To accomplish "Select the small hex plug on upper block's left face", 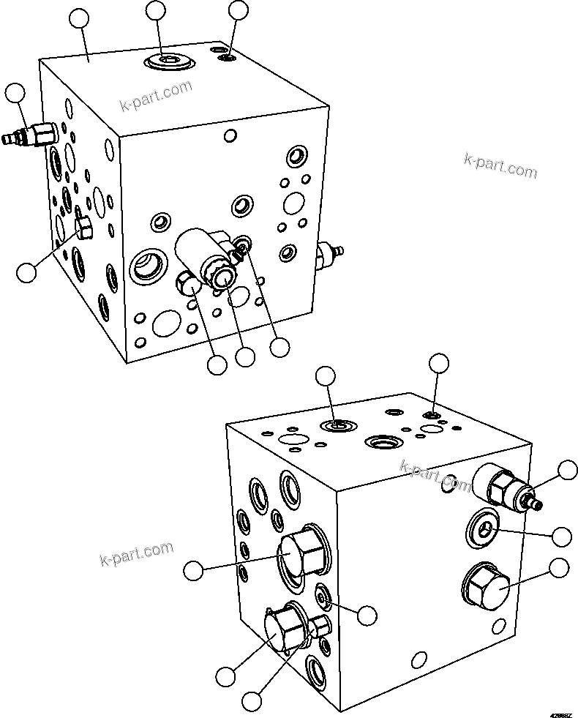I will (x=83, y=229).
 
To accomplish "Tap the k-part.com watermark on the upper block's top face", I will (x=156, y=95).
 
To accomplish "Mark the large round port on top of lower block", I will (x=382, y=441).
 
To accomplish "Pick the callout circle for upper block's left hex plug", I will (x=26, y=272).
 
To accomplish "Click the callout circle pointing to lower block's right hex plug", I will (x=560, y=568).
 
